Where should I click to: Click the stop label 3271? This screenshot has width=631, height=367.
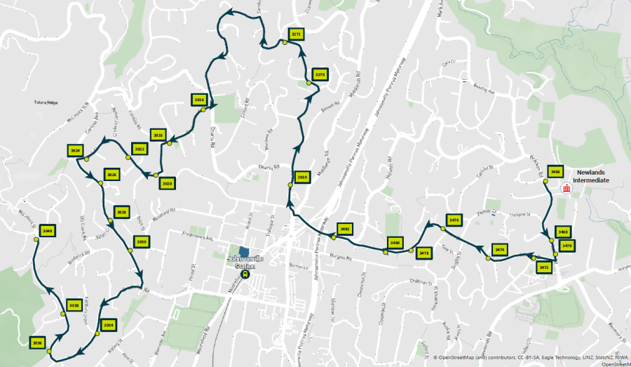(296, 34)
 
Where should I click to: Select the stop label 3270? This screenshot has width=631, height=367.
(320, 74)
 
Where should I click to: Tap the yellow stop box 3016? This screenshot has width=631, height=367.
(199, 100)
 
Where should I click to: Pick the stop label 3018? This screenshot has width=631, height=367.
(158, 135)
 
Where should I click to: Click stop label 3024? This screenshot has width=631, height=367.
(76, 150)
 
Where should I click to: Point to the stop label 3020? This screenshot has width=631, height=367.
(167, 183)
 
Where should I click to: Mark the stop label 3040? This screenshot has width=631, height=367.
(48, 231)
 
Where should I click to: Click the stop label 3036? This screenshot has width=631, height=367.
(38, 342)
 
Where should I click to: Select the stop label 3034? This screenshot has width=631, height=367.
(108, 326)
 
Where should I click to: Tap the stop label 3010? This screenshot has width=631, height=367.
(303, 178)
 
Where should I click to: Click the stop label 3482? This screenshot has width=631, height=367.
(344, 229)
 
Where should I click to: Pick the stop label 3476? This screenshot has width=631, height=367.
(454, 221)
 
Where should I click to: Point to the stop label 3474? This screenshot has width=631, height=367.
(499, 249)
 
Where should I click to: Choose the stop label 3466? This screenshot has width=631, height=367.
(556, 171)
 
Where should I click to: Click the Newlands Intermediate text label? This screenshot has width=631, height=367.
(591, 175)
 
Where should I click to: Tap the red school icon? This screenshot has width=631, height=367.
(566, 187)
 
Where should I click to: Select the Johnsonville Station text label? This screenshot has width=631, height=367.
(245, 261)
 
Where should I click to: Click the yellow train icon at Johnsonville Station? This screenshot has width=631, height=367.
(245, 274)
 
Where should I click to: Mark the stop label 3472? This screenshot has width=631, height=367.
(543, 267)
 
